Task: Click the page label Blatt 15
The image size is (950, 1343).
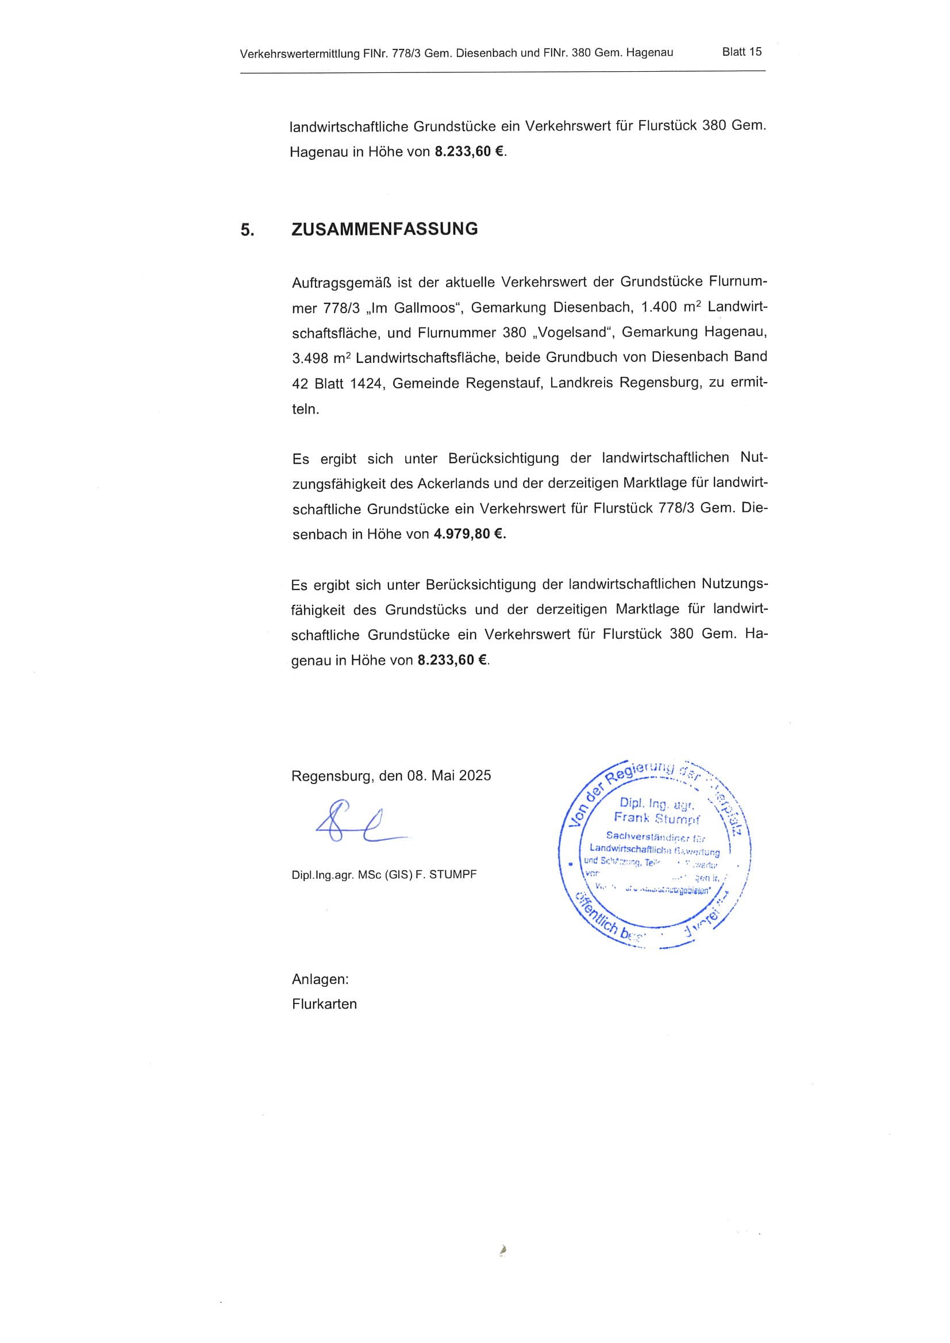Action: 741,52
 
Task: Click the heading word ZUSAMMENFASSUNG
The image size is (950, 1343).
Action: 384,229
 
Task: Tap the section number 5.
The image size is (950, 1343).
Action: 247,230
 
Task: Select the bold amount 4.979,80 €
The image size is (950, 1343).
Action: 469,534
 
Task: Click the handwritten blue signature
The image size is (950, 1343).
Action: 357,822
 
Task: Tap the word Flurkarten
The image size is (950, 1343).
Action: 324,1004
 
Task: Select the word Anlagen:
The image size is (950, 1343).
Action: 320,979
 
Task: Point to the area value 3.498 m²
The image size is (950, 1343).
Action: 320,357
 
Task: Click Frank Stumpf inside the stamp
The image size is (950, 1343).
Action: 656,818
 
